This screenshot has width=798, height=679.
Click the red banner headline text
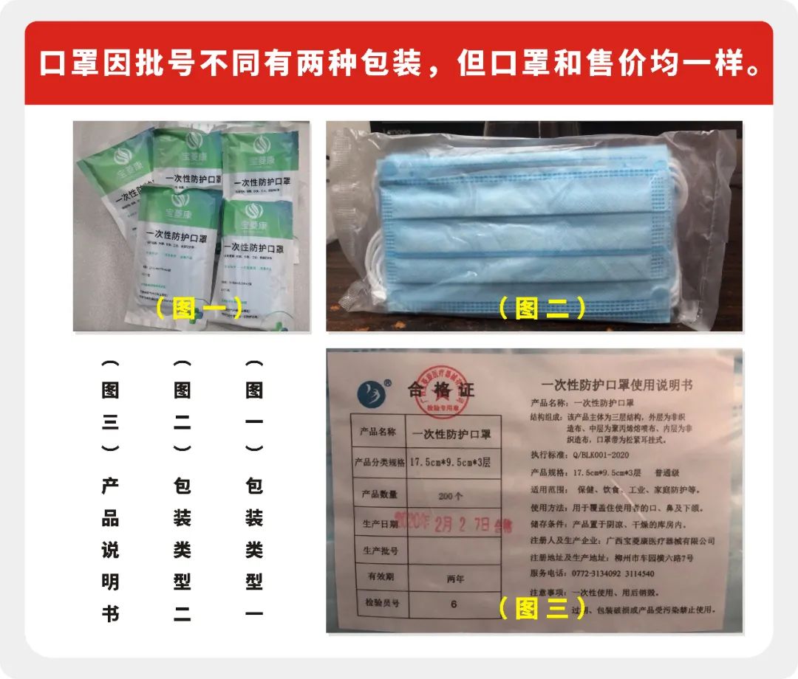click(x=399, y=63)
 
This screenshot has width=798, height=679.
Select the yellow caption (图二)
click(x=542, y=308)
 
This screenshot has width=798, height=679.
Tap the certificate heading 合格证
click(x=441, y=390)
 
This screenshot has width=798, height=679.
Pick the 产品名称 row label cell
click(x=378, y=432)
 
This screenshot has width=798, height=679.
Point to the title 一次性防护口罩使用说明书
click(x=618, y=386)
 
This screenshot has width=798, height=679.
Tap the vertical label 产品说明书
click(x=110, y=550)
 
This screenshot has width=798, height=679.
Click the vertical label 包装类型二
click(x=183, y=550)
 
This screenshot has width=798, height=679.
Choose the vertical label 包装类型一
click(x=254, y=550)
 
